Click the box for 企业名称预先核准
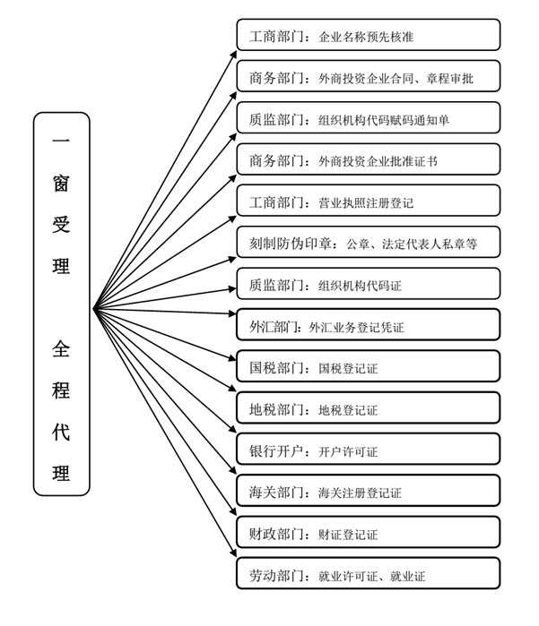[x=369, y=35]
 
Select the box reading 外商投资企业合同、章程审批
[x=369, y=76]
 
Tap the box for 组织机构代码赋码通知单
[x=369, y=118]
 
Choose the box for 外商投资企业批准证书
[x=369, y=159]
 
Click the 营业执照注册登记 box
[x=369, y=201]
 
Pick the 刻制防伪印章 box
[x=369, y=242]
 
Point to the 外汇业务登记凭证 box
[x=369, y=324]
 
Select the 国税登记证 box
[x=369, y=366]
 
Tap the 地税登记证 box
[x=369, y=407]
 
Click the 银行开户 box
[x=369, y=450]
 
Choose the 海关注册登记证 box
[x=369, y=491]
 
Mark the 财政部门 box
[x=369, y=532]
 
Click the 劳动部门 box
[x=369, y=574]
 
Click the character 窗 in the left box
[x=61, y=184]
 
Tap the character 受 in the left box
[x=61, y=225]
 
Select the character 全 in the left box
[x=61, y=348]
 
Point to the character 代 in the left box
[x=61, y=432]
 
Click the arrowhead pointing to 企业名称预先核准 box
[x=233, y=55]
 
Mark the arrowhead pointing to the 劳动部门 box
[x=233, y=553]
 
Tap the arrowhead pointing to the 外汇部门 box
[x=232, y=313]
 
